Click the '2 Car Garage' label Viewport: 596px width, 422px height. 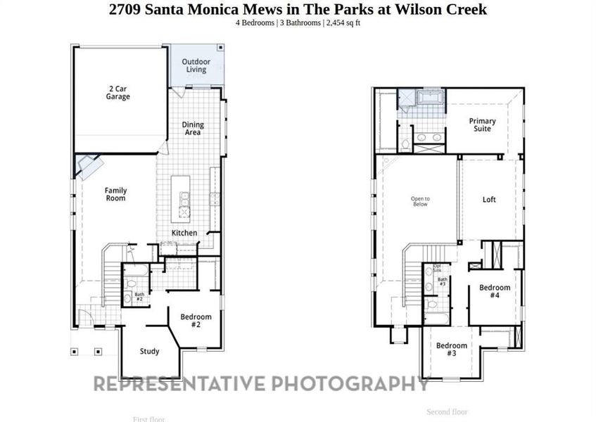point(118,93)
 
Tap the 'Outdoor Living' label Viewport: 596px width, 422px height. point(196,65)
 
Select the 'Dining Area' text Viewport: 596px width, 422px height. point(192,129)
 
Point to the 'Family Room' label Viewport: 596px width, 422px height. point(115,194)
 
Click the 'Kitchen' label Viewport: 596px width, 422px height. point(184,234)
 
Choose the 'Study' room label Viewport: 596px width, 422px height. point(149,352)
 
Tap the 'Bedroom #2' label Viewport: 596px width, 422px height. point(196,321)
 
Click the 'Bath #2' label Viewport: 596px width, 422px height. point(139,297)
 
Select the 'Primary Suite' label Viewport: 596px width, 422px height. point(482,125)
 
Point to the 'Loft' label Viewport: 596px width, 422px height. point(489,200)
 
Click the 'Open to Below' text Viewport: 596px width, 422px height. point(420,201)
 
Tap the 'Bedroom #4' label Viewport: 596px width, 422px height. point(495,291)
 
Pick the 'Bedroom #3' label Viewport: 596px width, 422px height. point(451,350)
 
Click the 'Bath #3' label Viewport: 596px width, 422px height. point(443,281)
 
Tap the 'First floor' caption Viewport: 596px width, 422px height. point(148,419)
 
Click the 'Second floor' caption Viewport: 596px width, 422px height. point(447,411)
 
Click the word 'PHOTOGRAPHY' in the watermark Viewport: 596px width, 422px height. point(350,383)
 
